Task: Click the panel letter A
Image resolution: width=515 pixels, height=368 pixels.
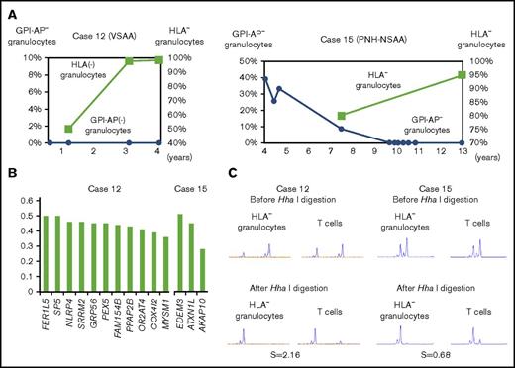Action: coord(10,9)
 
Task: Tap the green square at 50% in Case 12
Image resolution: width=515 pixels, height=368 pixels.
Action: coord(67,129)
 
